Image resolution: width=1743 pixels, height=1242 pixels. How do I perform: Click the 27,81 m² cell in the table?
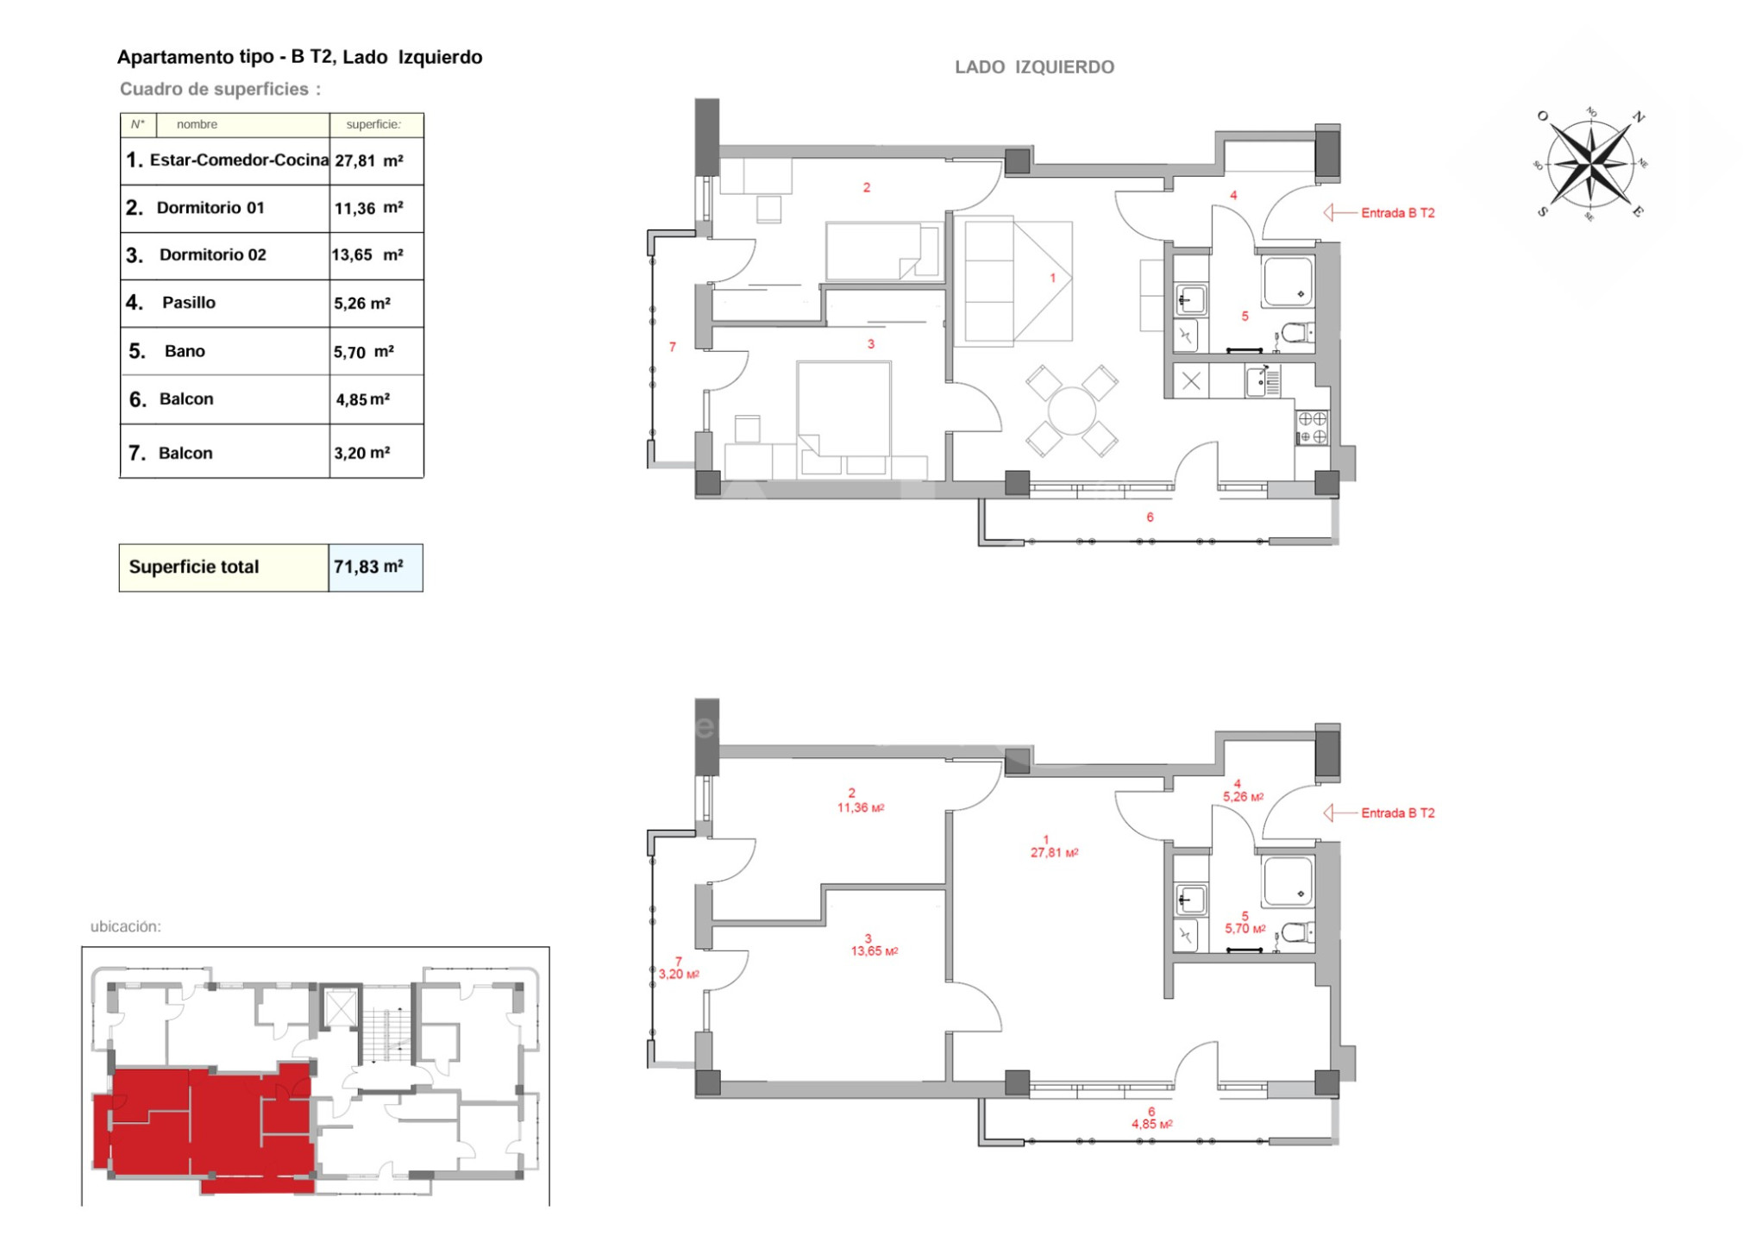click(x=368, y=160)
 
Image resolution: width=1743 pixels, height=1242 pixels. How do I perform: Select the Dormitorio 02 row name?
click(x=212, y=254)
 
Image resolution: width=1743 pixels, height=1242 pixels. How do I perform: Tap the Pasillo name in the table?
click(x=188, y=302)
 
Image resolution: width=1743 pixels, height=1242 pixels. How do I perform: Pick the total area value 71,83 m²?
click(x=368, y=567)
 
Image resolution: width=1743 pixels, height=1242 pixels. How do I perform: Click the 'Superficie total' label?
click(x=193, y=567)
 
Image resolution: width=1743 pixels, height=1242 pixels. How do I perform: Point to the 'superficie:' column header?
click(x=373, y=124)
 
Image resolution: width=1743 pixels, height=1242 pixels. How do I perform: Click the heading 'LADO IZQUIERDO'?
click(x=1034, y=66)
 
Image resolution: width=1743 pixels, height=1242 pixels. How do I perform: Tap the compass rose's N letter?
click(x=1638, y=117)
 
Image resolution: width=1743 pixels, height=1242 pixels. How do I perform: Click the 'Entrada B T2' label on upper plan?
click(x=1397, y=212)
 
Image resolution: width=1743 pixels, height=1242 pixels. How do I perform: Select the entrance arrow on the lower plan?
click(x=1340, y=812)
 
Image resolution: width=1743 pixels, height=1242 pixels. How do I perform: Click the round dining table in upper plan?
click(x=1071, y=411)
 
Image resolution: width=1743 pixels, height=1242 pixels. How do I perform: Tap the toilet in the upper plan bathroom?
click(x=1295, y=332)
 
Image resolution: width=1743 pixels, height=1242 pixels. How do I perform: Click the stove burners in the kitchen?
click(x=1312, y=428)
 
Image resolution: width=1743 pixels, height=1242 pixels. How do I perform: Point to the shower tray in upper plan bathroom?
click(x=1288, y=281)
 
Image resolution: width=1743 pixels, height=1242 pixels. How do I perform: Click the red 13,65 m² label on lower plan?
click(x=874, y=950)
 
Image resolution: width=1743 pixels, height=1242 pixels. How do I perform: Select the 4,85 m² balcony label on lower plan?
click(x=1151, y=1124)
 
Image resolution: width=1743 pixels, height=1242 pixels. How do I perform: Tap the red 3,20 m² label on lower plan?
click(x=679, y=974)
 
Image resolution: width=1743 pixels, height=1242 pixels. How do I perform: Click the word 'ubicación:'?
click(x=126, y=926)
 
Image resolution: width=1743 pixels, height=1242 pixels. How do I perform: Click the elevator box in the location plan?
click(x=340, y=1007)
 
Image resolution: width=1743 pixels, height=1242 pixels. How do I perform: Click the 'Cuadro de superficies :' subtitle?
click(x=220, y=89)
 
